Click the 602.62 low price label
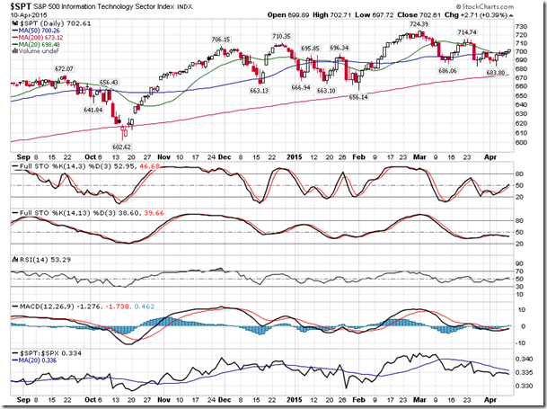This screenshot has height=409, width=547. (122, 147)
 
